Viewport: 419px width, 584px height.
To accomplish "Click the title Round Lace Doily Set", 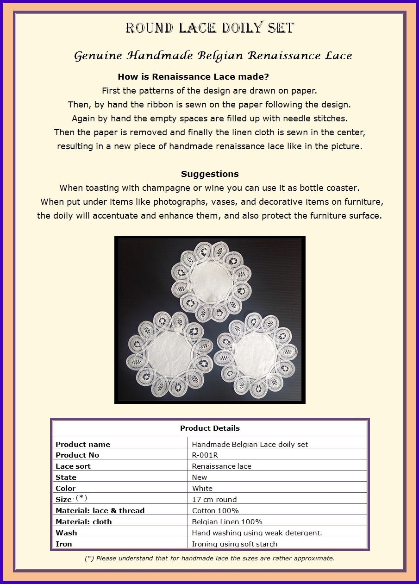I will [x=210, y=28].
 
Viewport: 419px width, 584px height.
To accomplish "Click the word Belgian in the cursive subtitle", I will [x=221, y=56].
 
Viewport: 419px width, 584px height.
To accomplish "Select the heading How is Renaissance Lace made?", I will [x=193, y=77].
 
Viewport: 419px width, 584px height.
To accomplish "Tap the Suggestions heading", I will [x=210, y=174].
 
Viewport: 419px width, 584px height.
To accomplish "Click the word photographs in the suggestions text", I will [x=180, y=202].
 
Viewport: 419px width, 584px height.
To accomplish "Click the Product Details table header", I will [x=210, y=428].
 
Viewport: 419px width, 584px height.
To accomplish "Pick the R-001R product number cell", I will [x=205, y=455].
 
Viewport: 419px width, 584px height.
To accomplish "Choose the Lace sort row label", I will [x=73, y=466].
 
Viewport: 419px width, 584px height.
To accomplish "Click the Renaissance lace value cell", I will [x=222, y=466].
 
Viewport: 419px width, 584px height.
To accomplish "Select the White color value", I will [x=202, y=489].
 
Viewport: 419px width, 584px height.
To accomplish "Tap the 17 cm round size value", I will [x=214, y=500].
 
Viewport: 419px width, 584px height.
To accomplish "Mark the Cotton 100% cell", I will [x=215, y=511].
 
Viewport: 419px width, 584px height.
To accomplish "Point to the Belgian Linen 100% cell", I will [x=227, y=522].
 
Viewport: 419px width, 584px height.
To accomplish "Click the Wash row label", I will [x=66, y=533].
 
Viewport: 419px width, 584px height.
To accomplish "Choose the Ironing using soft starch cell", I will [x=235, y=544].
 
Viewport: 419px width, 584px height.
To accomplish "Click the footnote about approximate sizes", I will [x=210, y=559].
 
